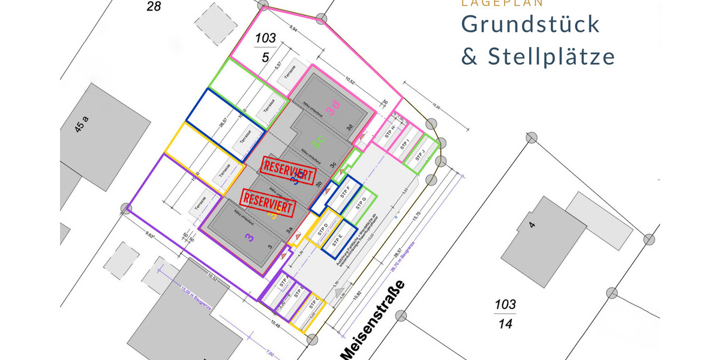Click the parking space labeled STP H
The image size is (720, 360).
[x=389, y=133]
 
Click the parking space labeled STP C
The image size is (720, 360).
[x=313, y=305]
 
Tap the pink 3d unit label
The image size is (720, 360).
[x=333, y=108]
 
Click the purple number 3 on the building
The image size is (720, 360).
[x=248, y=238]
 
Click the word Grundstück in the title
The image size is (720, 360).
[x=530, y=24]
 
